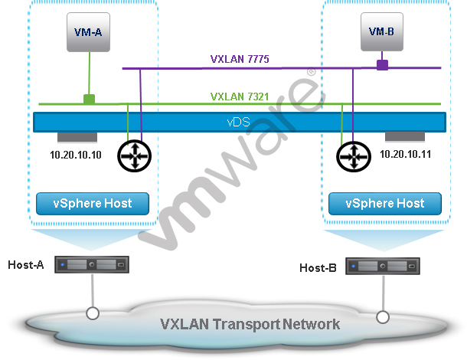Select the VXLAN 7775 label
pos(240,59)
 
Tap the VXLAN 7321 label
pos(240,97)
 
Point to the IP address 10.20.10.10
pos(70,154)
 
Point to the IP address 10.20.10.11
pos(406,154)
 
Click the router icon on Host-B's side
pos(353,156)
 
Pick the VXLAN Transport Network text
pos(250,323)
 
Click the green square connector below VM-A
pos(89,99)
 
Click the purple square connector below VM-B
pos(381,67)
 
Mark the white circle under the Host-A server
pos(92,313)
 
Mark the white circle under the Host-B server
pos(382,316)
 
